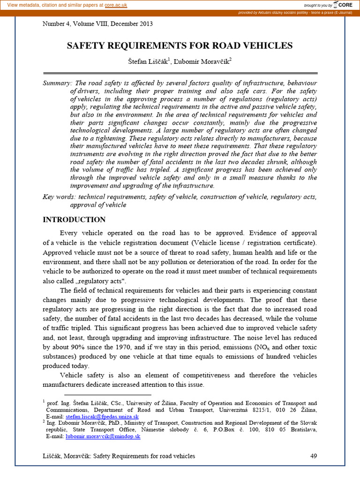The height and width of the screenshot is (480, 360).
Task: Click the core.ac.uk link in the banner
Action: coord(116,4)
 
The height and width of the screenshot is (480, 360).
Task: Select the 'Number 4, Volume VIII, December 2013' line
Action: coord(97,23)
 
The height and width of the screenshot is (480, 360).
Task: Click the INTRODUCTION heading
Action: coord(74,220)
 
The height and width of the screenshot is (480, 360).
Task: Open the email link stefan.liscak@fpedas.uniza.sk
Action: coord(102,416)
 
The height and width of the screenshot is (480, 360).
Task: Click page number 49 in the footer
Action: coord(314,456)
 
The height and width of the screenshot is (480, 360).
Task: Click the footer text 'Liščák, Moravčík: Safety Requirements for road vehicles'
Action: coord(119,456)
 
